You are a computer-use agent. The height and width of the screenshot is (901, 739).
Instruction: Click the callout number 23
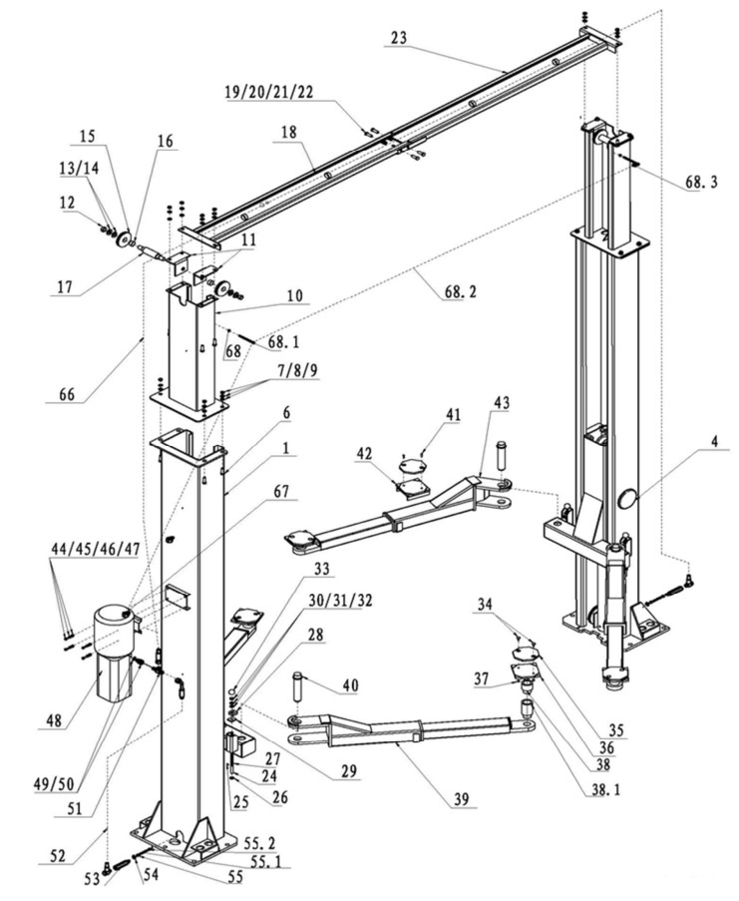pyautogui.click(x=399, y=37)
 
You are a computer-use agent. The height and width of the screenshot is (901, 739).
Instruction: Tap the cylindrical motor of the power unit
pyautogui.click(x=112, y=630)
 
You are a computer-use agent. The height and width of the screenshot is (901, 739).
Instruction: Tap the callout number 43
pyautogui.click(x=500, y=402)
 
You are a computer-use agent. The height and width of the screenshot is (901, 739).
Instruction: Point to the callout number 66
pyautogui.click(x=67, y=395)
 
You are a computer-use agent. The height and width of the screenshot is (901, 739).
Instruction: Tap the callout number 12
pyautogui.click(x=68, y=203)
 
